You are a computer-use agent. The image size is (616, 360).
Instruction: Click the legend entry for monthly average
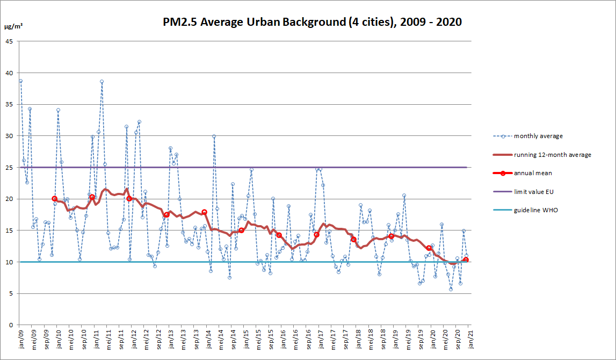pos(538,136)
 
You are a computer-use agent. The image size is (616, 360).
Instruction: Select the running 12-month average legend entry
pos(552,155)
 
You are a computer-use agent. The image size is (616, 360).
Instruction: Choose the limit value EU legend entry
pos(534,191)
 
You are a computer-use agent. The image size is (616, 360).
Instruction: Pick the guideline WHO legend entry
pos(536,210)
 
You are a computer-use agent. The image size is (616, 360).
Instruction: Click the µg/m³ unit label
pos(13,26)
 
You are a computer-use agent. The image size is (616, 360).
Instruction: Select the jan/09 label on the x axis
pos(20,340)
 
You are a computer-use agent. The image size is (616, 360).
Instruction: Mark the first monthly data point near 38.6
pos(20,81)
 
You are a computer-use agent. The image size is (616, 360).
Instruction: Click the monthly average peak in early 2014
pos(214,136)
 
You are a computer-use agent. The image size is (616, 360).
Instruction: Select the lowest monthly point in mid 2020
pos(451,289)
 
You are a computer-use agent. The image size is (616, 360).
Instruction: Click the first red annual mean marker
pos(54,199)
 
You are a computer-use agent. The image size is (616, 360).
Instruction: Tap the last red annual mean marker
pos(466,260)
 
